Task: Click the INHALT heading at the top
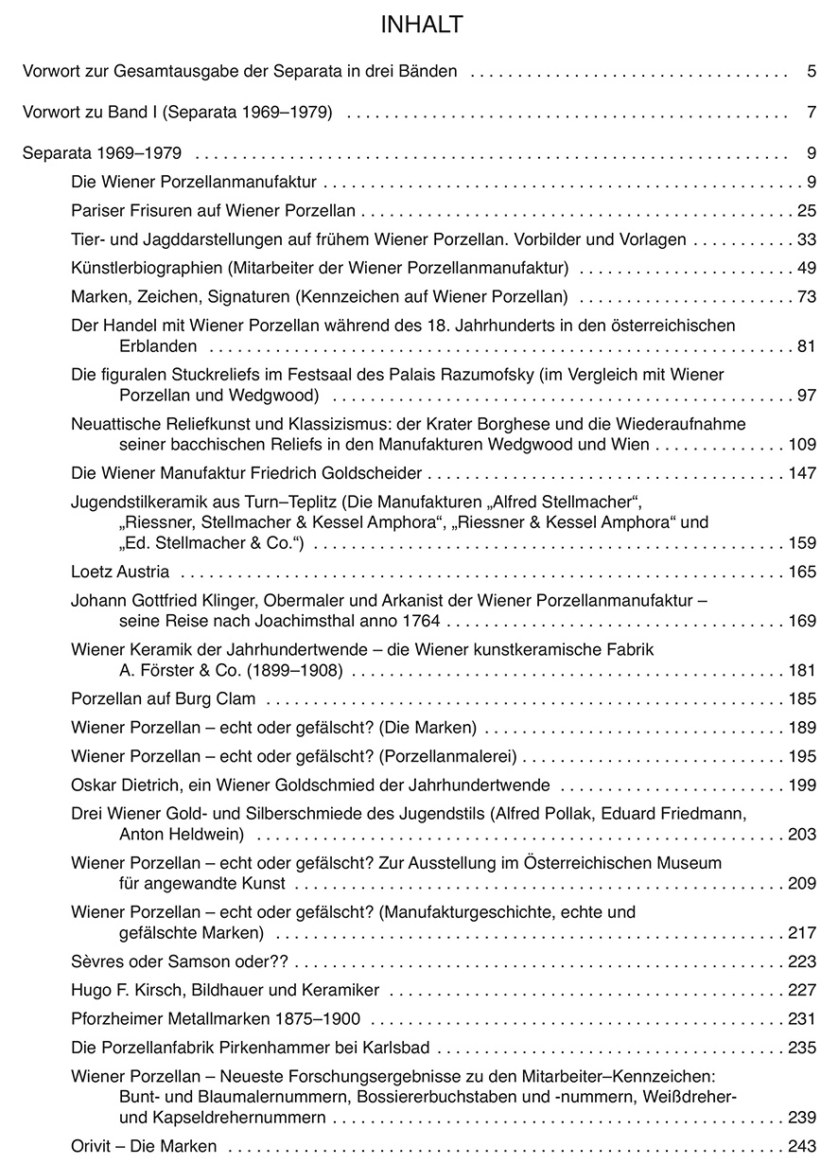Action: click(422, 26)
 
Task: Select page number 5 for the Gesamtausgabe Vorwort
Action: click(812, 71)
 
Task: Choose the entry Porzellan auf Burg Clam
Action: click(163, 700)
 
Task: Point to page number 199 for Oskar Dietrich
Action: click(802, 785)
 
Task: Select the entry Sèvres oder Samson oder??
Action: click(179, 961)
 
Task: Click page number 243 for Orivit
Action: click(802, 1146)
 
